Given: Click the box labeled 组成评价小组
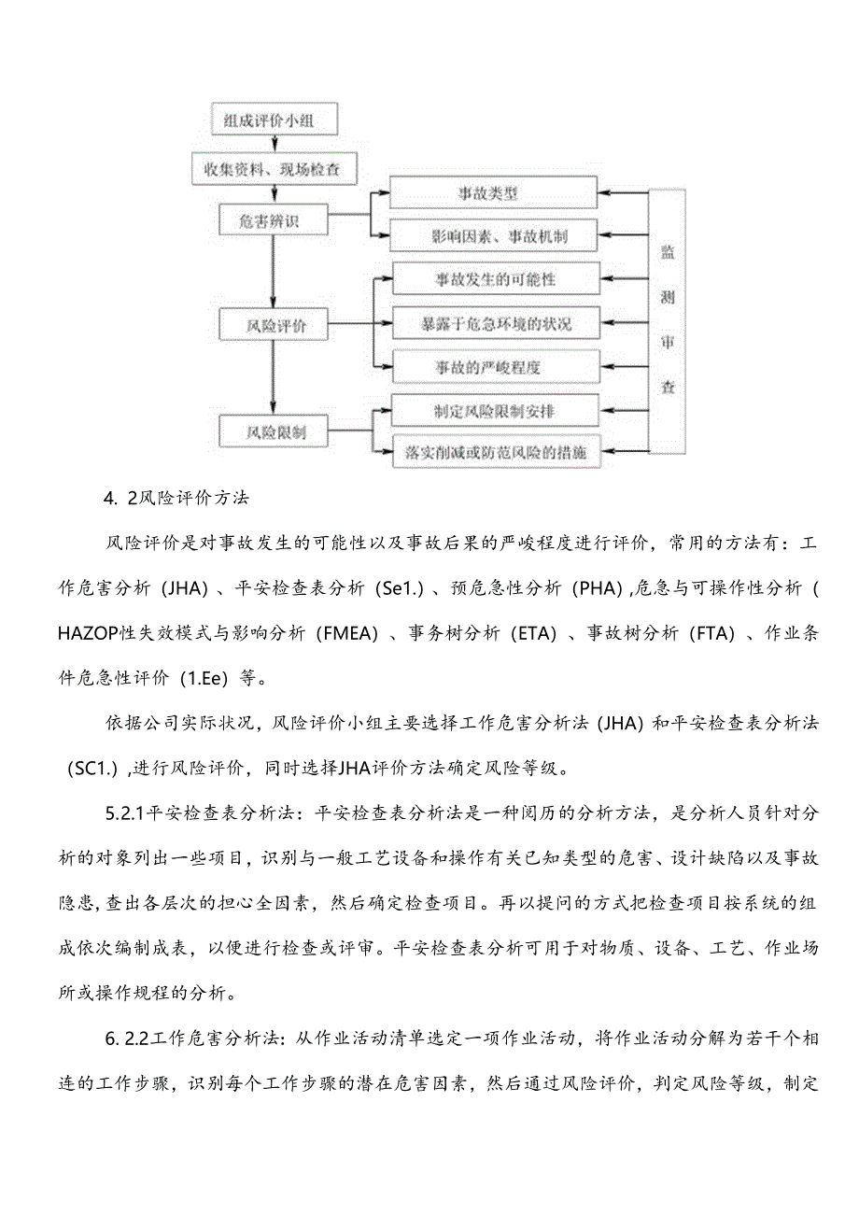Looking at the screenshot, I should pyautogui.click(x=273, y=120).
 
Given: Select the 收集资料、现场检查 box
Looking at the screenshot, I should pyautogui.click(x=273, y=169).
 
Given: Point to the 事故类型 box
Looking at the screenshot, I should pyautogui.click(x=492, y=193).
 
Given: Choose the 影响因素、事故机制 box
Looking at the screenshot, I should pyautogui.click(x=492, y=236).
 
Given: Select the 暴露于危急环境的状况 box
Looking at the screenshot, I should pyautogui.click(x=496, y=324).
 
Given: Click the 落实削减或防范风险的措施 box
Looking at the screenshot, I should pyautogui.click(x=496, y=453).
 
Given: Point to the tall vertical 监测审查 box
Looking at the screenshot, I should pyautogui.click(x=668, y=320).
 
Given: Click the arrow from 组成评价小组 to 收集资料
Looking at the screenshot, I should pyautogui.click(x=274, y=143).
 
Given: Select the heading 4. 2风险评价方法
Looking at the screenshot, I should pyautogui.click(x=177, y=498).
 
